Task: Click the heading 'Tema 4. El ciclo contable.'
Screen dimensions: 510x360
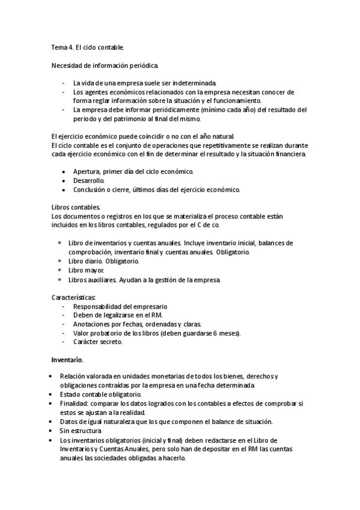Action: pyautogui.click(x=88, y=46)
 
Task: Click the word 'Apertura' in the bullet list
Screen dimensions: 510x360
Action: pyautogui.click(x=86, y=171)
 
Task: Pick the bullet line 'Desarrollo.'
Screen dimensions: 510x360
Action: pyautogui.click(x=88, y=180)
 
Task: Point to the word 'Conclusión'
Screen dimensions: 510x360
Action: pyautogui.click(x=91, y=189)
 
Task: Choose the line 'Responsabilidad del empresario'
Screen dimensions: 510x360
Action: pyautogui.click(x=120, y=307)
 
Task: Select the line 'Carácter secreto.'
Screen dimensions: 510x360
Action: pyautogui.click(x=97, y=342)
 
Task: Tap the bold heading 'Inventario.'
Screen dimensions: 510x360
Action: pyautogui.click(x=66, y=360)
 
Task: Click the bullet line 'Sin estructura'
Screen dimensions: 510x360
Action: pyautogui.click(x=81, y=431)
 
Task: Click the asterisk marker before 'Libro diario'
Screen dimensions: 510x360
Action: pyautogui.click(x=59, y=262)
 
